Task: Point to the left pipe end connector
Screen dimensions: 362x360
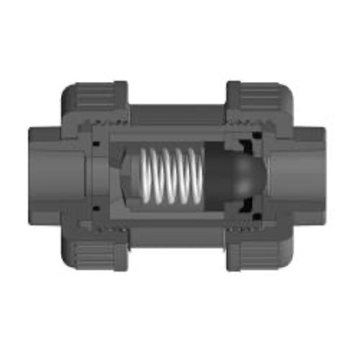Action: click(x=47, y=176)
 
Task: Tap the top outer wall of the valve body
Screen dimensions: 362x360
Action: click(x=177, y=112)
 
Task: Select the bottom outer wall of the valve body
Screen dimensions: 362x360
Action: click(x=177, y=240)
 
